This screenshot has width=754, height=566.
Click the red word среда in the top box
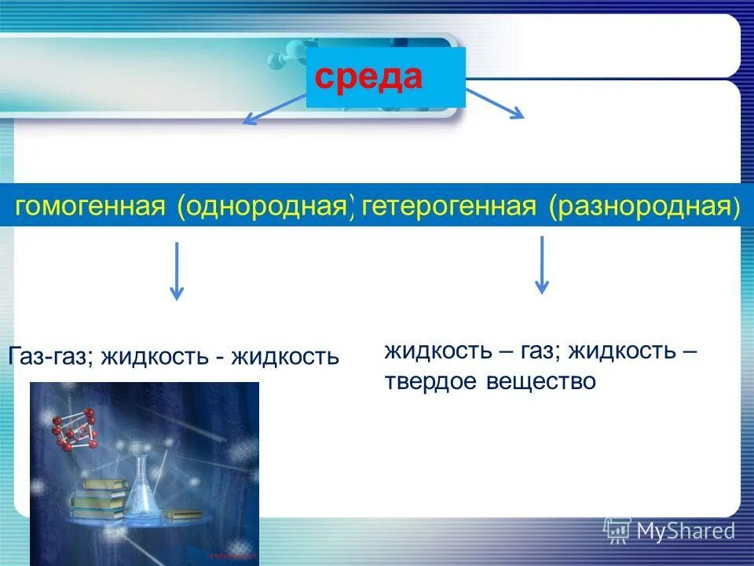click(369, 77)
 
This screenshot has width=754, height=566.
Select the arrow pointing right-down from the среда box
click(495, 103)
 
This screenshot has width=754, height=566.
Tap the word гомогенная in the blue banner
click(90, 208)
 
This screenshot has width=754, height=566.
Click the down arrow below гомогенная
click(177, 271)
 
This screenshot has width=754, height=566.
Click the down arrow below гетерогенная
click(541, 265)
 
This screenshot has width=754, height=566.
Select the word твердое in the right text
click(431, 382)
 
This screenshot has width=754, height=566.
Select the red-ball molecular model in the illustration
click(75, 432)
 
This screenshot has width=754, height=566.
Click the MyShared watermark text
click(686, 531)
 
